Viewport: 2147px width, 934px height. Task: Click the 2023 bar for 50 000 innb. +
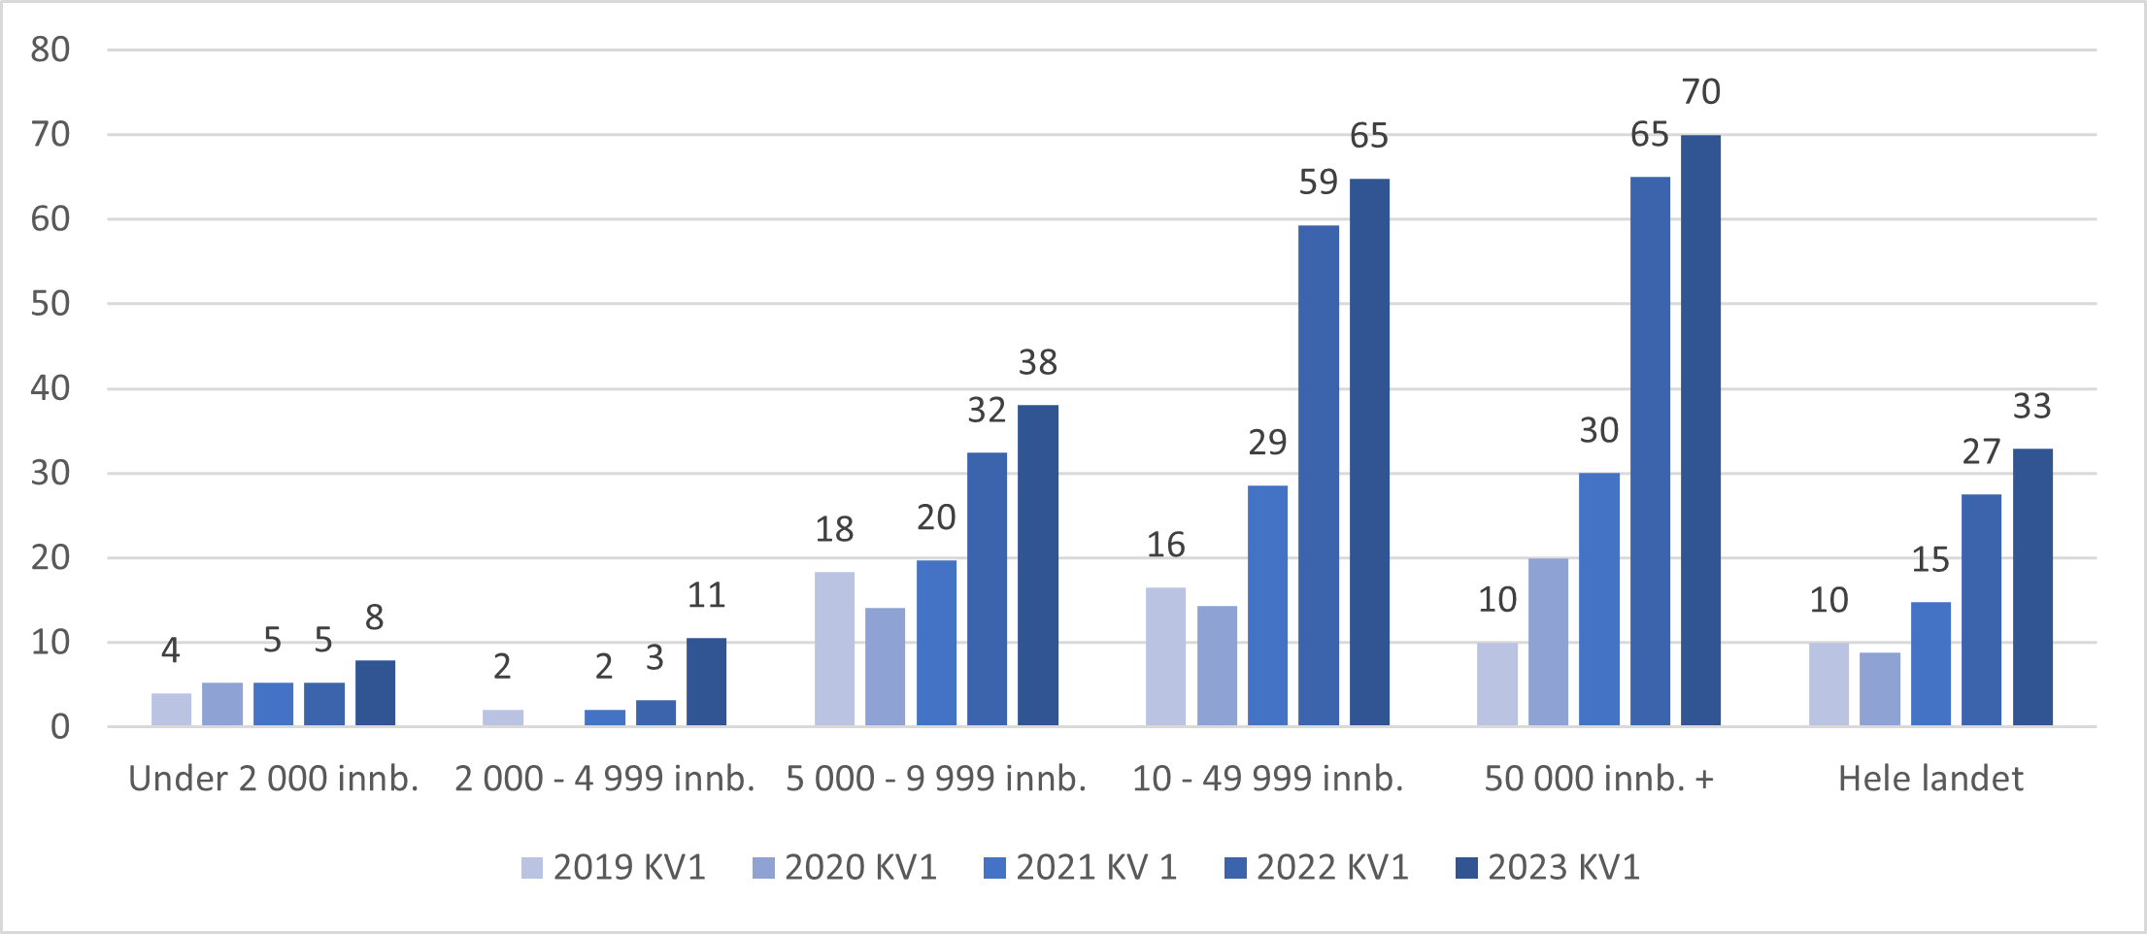tap(1700, 430)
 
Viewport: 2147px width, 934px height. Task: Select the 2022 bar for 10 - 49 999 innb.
tap(1319, 476)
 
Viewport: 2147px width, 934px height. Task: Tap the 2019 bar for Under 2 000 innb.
tap(171, 710)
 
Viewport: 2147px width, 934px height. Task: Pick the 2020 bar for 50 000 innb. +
tap(1548, 642)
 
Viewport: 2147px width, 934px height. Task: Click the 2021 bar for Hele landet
tap(1930, 664)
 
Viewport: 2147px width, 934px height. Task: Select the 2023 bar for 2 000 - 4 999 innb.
tap(706, 682)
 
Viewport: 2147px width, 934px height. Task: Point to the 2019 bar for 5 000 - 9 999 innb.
tap(834, 649)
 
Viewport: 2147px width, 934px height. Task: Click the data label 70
tap(1700, 92)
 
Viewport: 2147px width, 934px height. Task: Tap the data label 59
tap(1318, 183)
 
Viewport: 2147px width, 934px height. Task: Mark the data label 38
tap(1037, 363)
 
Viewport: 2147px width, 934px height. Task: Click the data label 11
tap(706, 595)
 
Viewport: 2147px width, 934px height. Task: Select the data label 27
tap(1981, 452)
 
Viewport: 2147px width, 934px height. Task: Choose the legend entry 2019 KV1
tap(614, 867)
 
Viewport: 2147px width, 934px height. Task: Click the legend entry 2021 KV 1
tap(1080, 867)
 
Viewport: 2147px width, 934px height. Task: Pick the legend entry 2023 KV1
tap(1548, 867)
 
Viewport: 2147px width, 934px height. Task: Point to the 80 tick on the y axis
tap(50, 50)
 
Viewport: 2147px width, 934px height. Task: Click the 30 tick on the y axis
tap(50, 474)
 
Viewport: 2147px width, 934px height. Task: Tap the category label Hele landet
tap(1930, 779)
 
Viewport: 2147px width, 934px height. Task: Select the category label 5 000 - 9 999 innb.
tap(936, 779)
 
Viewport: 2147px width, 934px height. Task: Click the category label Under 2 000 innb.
tap(273, 779)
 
